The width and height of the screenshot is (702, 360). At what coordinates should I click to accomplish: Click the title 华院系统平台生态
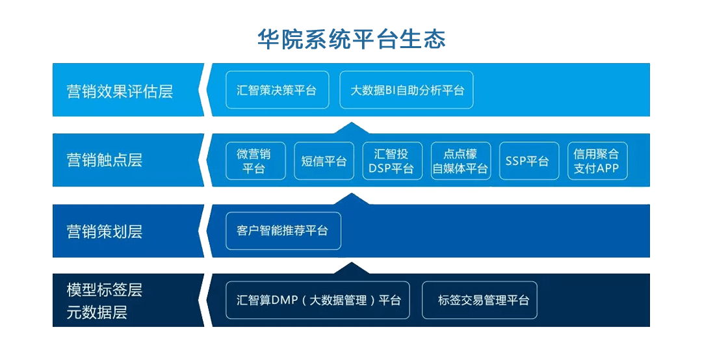pyautogui.click(x=352, y=39)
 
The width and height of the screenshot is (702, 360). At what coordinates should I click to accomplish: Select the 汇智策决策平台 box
pyautogui.click(x=277, y=90)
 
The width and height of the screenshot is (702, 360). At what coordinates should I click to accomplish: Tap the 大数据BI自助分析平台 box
pyautogui.click(x=406, y=90)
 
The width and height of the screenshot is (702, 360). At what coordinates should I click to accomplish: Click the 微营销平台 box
pyautogui.click(x=255, y=161)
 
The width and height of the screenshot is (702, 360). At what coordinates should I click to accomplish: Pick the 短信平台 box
pyautogui.click(x=324, y=161)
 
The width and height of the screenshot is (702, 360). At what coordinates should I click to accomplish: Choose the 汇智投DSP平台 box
pyautogui.click(x=392, y=161)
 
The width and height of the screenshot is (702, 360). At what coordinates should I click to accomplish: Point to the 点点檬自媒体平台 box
pyautogui.click(x=461, y=161)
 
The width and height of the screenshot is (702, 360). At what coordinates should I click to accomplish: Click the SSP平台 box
pyautogui.click(x=528, y=161)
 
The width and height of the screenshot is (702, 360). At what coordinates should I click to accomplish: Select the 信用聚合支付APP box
pyautogui.click(x=597, y=161)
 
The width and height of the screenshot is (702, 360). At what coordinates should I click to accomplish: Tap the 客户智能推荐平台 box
pyautogui.click(x=283, y=231)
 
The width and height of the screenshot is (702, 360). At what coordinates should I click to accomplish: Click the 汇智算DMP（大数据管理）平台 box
pyautogui.click(x=317, y=300)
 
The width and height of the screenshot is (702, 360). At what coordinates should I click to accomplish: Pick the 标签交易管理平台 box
pyautogui.click(x=480, y=300)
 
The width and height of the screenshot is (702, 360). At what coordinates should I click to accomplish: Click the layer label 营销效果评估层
pyautogui.click(x=120, y=92)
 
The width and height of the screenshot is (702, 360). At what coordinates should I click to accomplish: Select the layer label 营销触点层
pyautogui.click(x=104, y=160)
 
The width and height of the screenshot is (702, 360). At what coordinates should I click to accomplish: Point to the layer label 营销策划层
pyautogui.click(x=104, y=231)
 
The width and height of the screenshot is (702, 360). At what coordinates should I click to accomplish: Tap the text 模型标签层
pyautogui.click(x=104, y=290)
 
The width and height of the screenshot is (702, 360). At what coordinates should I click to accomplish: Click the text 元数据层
pyautogui.click(x=97, y=312)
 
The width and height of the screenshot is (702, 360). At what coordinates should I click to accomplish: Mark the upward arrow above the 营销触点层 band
pyautogui.click(x=352, y=127)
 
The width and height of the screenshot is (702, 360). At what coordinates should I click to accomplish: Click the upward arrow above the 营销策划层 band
pyautogui.click(x=352, y=199)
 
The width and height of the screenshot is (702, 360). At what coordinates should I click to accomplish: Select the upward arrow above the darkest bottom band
pyautogui.click(x=352, y=268)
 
